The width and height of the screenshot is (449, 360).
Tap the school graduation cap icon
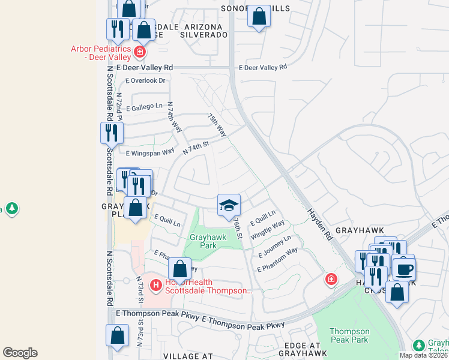click(229, 206)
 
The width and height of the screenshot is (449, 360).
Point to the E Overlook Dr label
click(145, 80)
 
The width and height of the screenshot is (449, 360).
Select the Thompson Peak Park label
click(349, 336)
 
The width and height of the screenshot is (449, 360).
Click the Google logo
click(20, 353)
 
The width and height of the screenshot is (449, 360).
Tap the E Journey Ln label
click(274, 246)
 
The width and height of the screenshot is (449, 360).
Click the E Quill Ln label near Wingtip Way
click(262, 217)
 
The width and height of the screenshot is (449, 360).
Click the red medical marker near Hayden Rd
click(331, 279)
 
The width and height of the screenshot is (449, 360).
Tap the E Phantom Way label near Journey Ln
click(277, 260)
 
